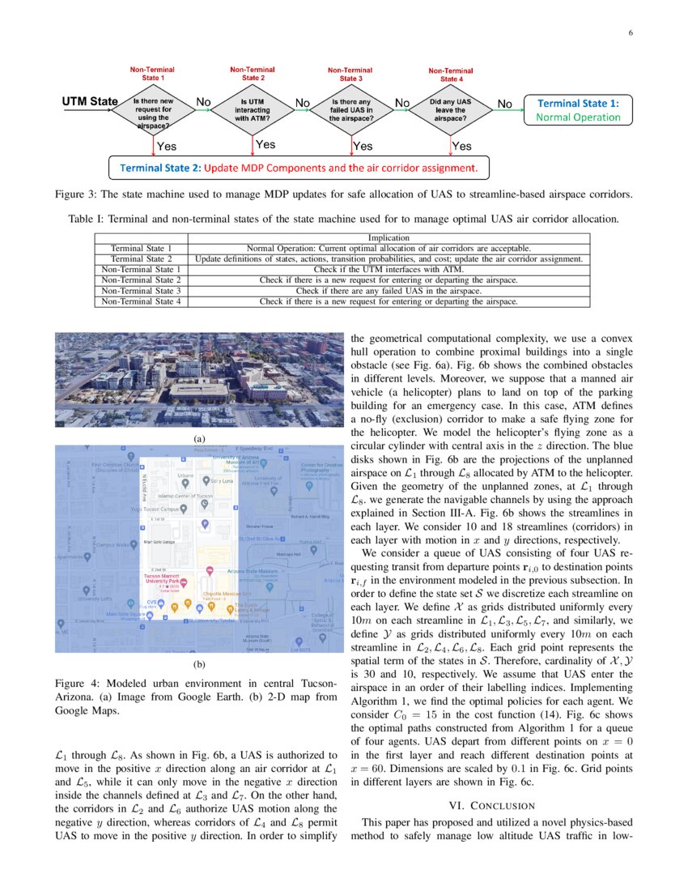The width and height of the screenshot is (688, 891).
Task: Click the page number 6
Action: (x=630, y=33)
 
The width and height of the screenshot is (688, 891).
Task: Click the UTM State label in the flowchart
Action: (x=90, y=102)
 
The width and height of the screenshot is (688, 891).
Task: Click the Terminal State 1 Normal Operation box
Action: (x=578, y=110)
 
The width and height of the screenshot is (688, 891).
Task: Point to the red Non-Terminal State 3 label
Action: (x=350, y=75)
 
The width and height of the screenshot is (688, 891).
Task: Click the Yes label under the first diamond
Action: (x=167, y=147)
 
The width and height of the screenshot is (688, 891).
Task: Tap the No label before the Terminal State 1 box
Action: (x=504, y=104)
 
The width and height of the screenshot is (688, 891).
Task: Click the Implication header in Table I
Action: (x=389, y=238)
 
